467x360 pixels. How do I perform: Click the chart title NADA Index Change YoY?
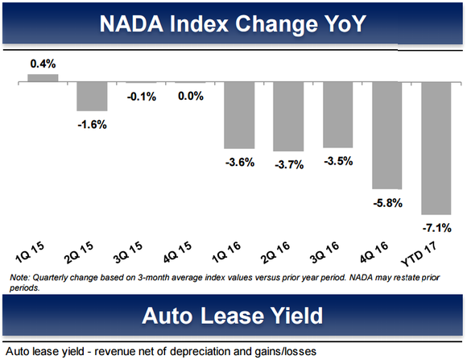pos(233,23)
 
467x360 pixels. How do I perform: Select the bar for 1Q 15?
pos(43,78)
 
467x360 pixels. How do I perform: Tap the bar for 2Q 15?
pos(93,97)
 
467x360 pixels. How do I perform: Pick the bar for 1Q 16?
pos(240,115)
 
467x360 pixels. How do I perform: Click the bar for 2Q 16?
pos(288,116)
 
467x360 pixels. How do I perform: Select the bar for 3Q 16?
pos(338,114)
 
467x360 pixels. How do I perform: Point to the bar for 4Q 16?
pos(387,134)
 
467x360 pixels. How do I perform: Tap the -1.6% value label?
pos(93,124)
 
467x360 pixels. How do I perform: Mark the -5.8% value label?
pos(387,201)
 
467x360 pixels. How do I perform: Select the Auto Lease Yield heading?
pos(233,315)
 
